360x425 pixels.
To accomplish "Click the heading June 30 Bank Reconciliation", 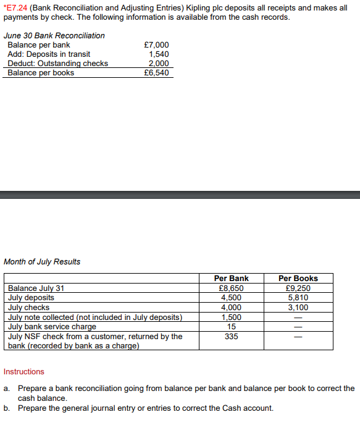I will click(x=54, y=35).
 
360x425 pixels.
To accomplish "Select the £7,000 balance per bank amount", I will click(x=156, y=45).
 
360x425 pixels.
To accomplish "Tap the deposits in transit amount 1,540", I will click(x=159, y=54).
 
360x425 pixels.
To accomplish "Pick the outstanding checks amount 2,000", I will click(x=159, y=64).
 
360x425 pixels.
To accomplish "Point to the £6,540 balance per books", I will click(x=156, y=73).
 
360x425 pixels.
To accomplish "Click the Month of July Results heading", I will click(x=42, y=261).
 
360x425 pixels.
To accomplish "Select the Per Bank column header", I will click(x=231, y=279).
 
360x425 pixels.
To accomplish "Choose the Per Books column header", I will click(x=298, y=279).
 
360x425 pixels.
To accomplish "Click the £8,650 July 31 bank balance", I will click(x=231, y=288).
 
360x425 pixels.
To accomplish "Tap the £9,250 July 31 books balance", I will click(x=298, y=288).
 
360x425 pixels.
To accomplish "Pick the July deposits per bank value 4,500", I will click(x=231, y=298).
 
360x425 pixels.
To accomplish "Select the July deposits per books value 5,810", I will click(x=298, y=298).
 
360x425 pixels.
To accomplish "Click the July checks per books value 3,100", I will click(x=298, y=307).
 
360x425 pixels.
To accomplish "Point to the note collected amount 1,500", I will click(x=231, y=317).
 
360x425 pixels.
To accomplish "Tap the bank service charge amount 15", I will click(x=231, y=326).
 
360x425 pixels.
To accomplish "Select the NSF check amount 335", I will click(x=231, y=336).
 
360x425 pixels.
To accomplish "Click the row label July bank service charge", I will click(x=52, y=326).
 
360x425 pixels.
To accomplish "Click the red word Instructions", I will click(x=24, y=372).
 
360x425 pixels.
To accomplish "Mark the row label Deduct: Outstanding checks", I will click(x=57, y=64).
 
